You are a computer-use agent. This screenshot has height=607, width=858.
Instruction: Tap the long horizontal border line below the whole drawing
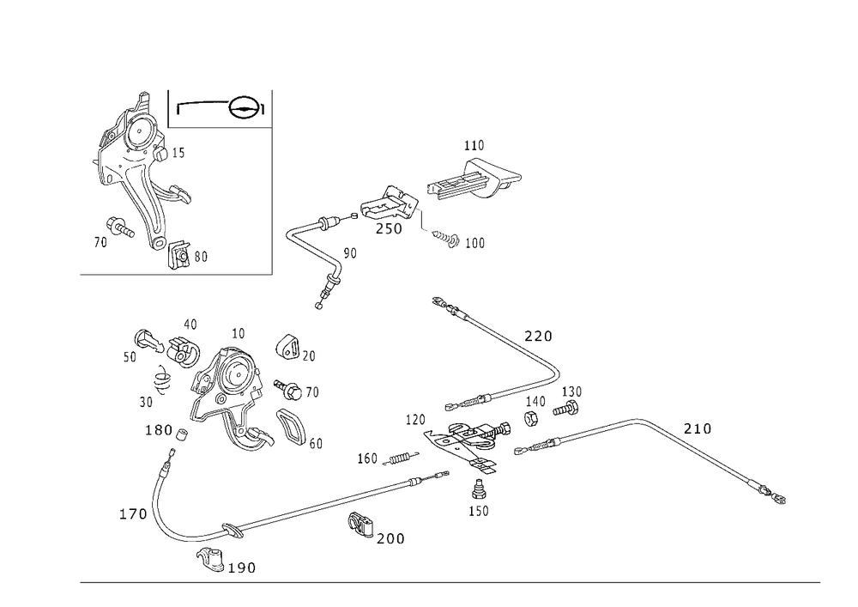(450, 581)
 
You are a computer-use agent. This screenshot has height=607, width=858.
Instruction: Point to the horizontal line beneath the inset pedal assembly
(176, 276)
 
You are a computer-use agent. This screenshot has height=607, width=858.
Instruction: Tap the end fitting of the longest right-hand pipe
(777, 496)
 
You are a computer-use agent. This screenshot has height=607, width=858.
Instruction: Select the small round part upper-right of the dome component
(285, 346)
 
